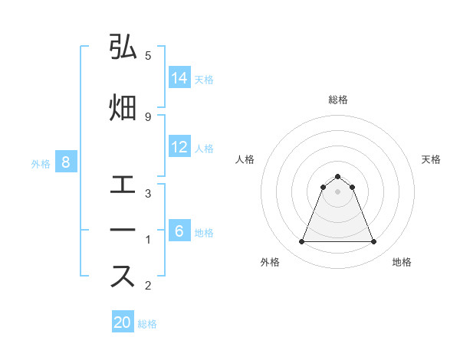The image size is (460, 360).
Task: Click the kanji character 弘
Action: click(x=123, y=48)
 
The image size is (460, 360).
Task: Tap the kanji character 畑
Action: click(x=123, y=107)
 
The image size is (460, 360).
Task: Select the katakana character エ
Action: click(x=123, y=185)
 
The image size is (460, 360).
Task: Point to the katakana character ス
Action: click(x=123, y=277)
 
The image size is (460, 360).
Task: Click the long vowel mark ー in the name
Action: click(x=123, y=231)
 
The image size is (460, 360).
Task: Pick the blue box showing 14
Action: click(x=179, y=78)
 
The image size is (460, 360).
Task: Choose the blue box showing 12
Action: click(x=179, y=147)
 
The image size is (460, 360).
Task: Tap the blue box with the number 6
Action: click(x=179, y=231)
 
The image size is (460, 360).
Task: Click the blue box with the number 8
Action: click(x=66, y=162)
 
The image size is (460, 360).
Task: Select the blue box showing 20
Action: click(x=123, y=322)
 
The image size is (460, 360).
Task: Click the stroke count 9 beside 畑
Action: click(x=147, y=116)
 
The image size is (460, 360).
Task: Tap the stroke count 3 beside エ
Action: click(x=147, y=193)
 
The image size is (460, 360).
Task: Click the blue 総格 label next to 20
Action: click(x=147, y=324)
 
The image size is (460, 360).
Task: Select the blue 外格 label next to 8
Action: click(x=41, y=163)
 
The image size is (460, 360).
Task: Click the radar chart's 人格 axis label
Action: click(x=245, y=159)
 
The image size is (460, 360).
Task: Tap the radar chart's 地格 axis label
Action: click(x=402, y=262)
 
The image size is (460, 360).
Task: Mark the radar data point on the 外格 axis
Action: click(x=301, y=242)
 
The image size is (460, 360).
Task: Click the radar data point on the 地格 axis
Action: click(x=373, y=242)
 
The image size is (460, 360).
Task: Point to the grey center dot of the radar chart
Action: click(x=337, y=191)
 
